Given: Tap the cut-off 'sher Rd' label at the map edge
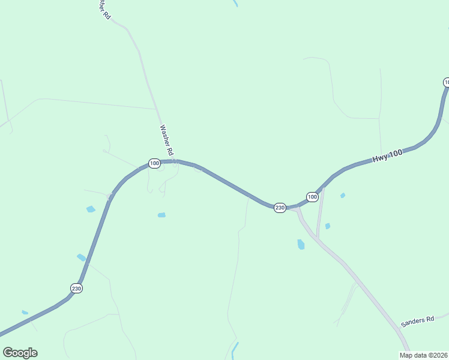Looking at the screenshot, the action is (103, 10).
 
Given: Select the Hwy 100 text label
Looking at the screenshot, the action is (387, 157).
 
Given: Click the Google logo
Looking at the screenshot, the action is (20, 353).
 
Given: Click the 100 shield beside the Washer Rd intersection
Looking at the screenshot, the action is (154, 163).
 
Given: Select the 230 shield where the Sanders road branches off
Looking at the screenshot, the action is (280, 208).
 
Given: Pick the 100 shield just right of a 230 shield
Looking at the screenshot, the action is (312, 197).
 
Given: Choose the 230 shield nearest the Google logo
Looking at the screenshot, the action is (76, 288).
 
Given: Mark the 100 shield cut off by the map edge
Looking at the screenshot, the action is (446, 82).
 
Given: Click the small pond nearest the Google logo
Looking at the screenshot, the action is (25, 312).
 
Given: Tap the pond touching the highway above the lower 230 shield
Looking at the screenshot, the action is (81, 257).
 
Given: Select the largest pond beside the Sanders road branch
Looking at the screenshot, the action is (301, 244).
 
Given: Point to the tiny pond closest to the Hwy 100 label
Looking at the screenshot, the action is (343, 195).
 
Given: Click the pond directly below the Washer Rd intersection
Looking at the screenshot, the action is (161, 215).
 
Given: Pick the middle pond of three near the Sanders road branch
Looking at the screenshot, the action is (327, 226).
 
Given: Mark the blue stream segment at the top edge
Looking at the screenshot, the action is (235, 3).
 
